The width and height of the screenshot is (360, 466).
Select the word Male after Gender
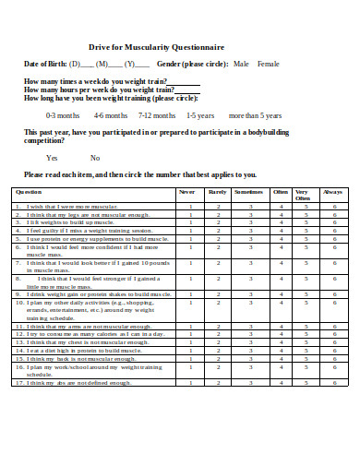tap(242, 64)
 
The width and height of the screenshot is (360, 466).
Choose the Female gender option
tap(268, 64)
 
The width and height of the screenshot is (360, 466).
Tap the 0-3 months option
tap(63, 116)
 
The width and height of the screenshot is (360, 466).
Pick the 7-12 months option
tap(157, 116)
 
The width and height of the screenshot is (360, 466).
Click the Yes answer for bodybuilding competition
tap(52, 158)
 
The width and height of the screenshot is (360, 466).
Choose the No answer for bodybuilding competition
tap(94, 158)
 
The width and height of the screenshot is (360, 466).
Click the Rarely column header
tap(218, 192)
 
